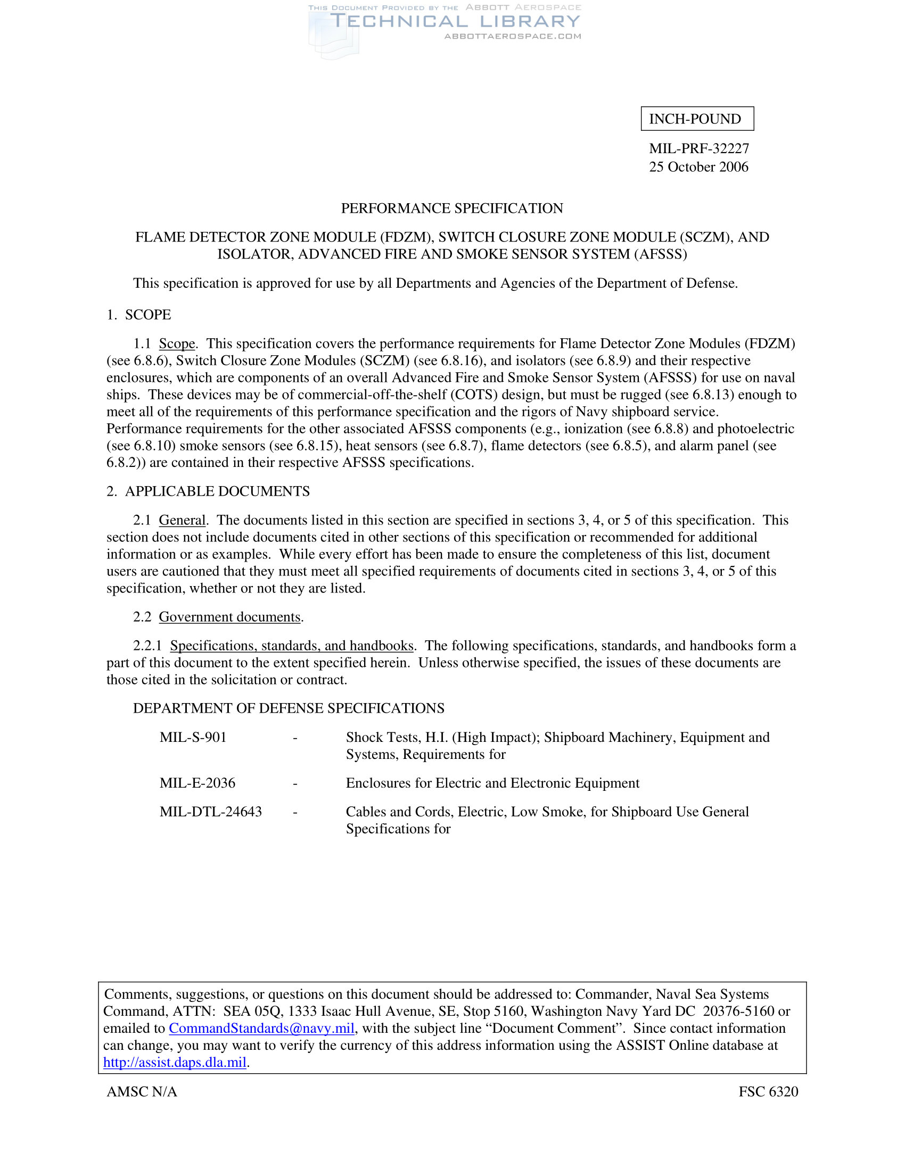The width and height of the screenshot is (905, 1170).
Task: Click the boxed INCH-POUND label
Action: pyautogui.click(x=696, y=119)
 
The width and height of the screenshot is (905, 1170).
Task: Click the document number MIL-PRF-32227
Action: pyautogui.click(x=698, y=148)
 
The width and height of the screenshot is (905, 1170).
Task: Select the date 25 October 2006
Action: pyautogui.click(x=698, y=167)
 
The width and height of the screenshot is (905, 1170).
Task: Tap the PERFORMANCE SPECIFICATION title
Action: pyautogui.click(x=452, y=208)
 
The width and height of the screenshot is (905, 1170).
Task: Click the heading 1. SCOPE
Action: pyautogui.click(x=139, y=315)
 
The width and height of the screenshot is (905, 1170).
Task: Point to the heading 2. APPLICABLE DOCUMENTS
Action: pyautogui.click(x=208, y=491)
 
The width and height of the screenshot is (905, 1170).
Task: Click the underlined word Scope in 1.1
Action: pyautogui.click(x=177, y=344)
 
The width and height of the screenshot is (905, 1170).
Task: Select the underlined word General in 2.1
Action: pyautogui.click(x=182, y=520)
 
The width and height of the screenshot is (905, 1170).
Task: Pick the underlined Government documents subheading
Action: pyautogui.click(x=229, y=617)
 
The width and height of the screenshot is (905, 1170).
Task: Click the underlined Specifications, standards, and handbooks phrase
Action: pyautogui.click(x=292, y=646)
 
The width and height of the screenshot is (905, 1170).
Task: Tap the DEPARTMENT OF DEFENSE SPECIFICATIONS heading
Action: pyautogui.click(x=289, y=708)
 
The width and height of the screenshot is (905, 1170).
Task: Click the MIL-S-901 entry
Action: pyautogui.click(x=193, y=738)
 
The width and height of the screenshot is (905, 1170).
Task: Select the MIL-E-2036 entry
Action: pyautogui.click(x=198, y=783)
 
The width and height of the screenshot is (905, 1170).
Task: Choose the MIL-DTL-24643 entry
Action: pyautogui.click(x=211, y=812)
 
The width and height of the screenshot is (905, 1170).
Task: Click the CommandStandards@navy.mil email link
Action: pyautogui.click(x=261, y=1029)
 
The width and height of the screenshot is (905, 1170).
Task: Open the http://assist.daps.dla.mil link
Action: pyautogui.click(x=175, y=1063)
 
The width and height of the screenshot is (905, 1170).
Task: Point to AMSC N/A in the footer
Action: pyautogui.click(x=142, y=1092)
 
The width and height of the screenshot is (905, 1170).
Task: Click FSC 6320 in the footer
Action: pyautogui.click(x=768, y=1092)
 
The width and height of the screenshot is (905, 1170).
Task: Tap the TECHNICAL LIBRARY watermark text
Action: pyautogui.click(x=455, y=21)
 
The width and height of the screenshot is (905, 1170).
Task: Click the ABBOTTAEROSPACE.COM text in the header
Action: pyautogui.click(x=513, y=36)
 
